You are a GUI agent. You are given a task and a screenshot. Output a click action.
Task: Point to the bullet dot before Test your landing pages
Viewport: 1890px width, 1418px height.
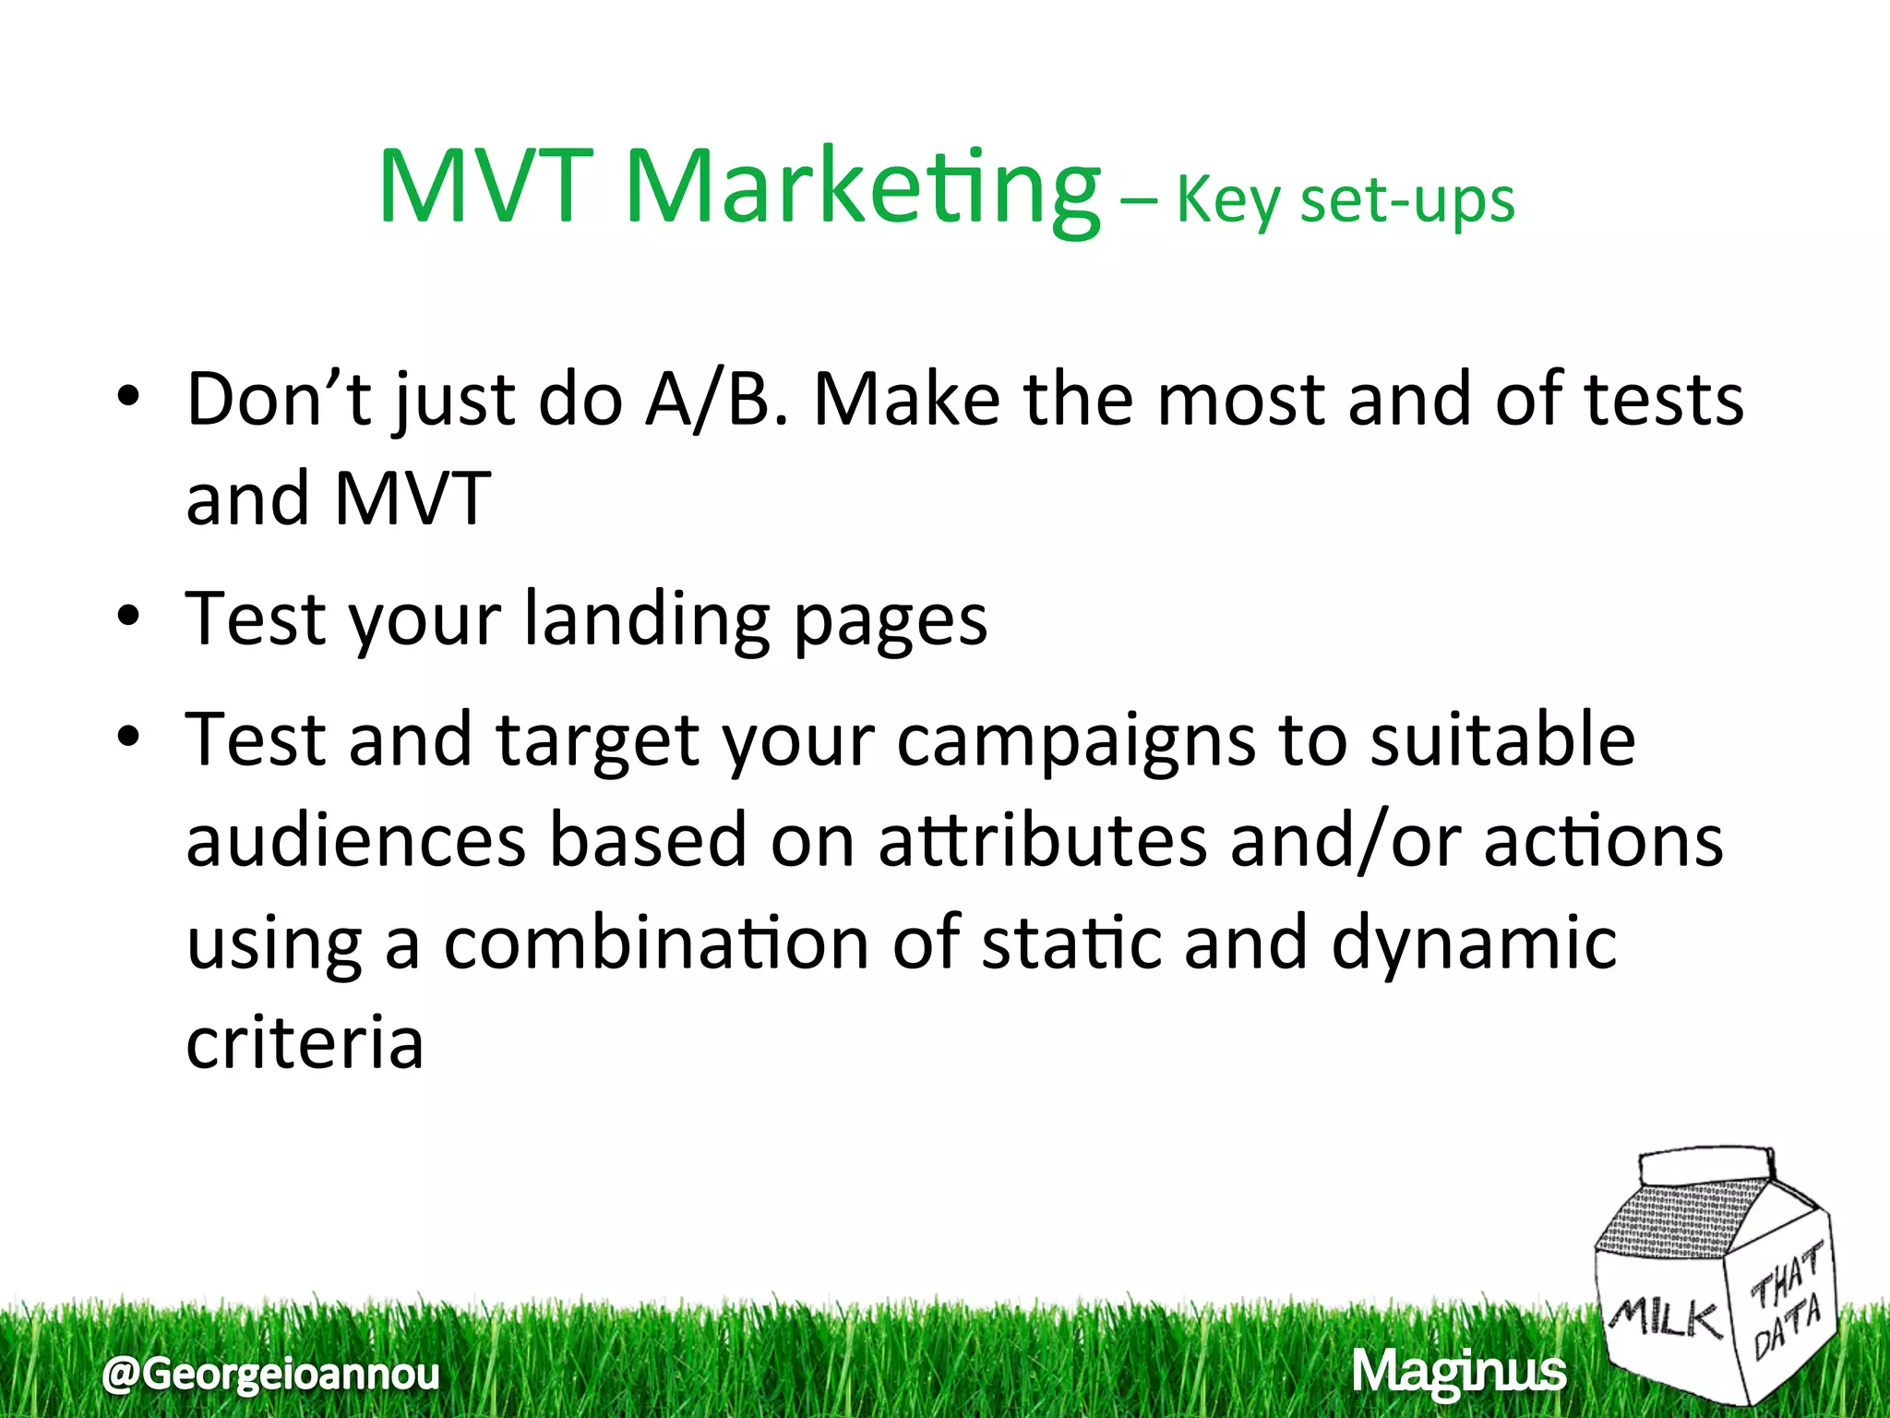click(128, 616)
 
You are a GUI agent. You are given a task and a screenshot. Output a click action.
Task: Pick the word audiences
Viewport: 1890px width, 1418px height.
click(356, 841)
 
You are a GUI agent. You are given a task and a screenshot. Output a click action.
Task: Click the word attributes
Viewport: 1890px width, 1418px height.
click(1043, 841)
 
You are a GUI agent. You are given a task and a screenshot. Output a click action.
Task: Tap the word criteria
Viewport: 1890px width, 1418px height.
click(305, 1043)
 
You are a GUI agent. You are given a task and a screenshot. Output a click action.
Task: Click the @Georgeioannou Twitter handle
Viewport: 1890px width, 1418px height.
click(271, 1374)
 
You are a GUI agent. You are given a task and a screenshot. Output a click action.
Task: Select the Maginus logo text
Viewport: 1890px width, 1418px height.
click(1459, 1372)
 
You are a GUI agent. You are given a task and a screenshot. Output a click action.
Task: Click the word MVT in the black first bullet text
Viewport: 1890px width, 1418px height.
click(413, 499)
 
